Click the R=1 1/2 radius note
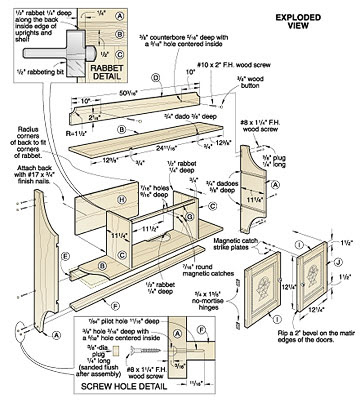[80, 131]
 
